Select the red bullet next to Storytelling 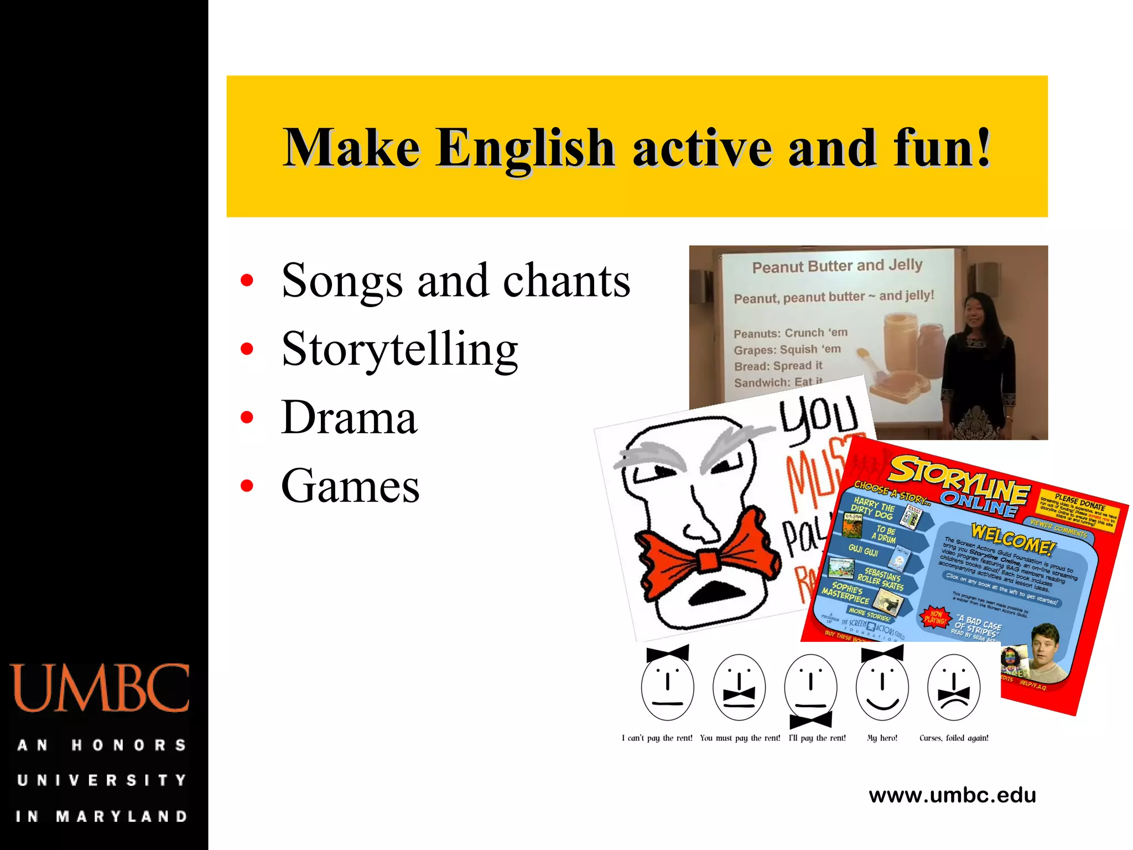pos(247,349)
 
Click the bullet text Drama pos(349,418)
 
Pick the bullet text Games pos(350,486)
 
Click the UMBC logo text pos(100,688)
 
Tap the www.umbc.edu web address pos(952,795)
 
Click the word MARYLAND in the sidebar pos(122,816)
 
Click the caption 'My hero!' pos(882,738)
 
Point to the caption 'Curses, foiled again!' pos(954,738)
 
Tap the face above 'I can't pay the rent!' pos(667,686)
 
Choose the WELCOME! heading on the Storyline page pos(1012,539)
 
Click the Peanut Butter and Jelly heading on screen pos(837,266)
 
